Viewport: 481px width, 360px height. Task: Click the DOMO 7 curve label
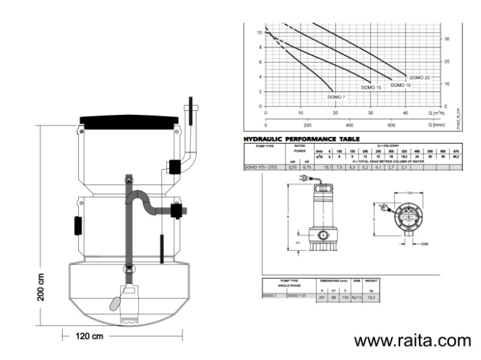point(336,98)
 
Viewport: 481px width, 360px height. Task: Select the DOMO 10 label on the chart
point(371,87)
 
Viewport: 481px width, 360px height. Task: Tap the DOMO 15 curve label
point(400,85)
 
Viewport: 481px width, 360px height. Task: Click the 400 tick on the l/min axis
point(349,125)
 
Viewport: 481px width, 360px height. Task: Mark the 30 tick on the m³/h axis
point(371,113)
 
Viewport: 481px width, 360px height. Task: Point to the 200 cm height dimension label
point(41,287)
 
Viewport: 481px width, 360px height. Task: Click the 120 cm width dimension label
point(89,335)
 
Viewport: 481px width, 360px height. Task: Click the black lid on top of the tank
point(129,122)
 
